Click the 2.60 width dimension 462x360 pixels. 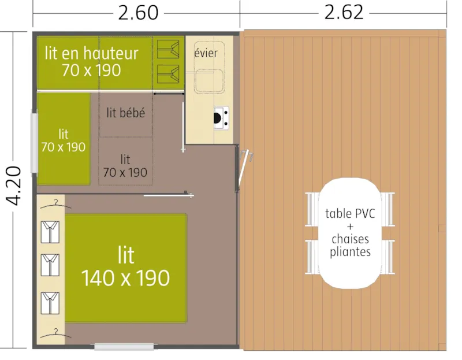pyautogui.click(x=137, y=12)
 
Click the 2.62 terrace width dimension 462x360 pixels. pyautogui.click(x=344, y=12)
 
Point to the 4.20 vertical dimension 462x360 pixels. pyautogui.click(x=16, y=185)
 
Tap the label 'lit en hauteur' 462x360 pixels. pyautogui.click(x=91, y=54)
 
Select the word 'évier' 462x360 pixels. pyautogui.click(x=206, y=54)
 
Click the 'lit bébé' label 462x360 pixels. pyautogui.click(x=125, y=113)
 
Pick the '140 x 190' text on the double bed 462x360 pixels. pyautogui.click(x=125, y=278)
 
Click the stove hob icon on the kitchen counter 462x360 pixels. pyautogui.click(x=221, y=118)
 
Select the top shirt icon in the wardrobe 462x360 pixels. pyautogui.click(x=50, y=231)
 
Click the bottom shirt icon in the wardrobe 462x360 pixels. pyautogui.click(x=50, y=302)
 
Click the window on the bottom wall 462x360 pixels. pyautogui.click(x=125, y=347)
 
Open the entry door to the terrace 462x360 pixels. pyautogui.click(x=243, y=168)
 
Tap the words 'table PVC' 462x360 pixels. pyautogui.click(x=350, y=213)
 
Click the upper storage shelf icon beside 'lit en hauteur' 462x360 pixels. pyautogui.click(x=169, y=48)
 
